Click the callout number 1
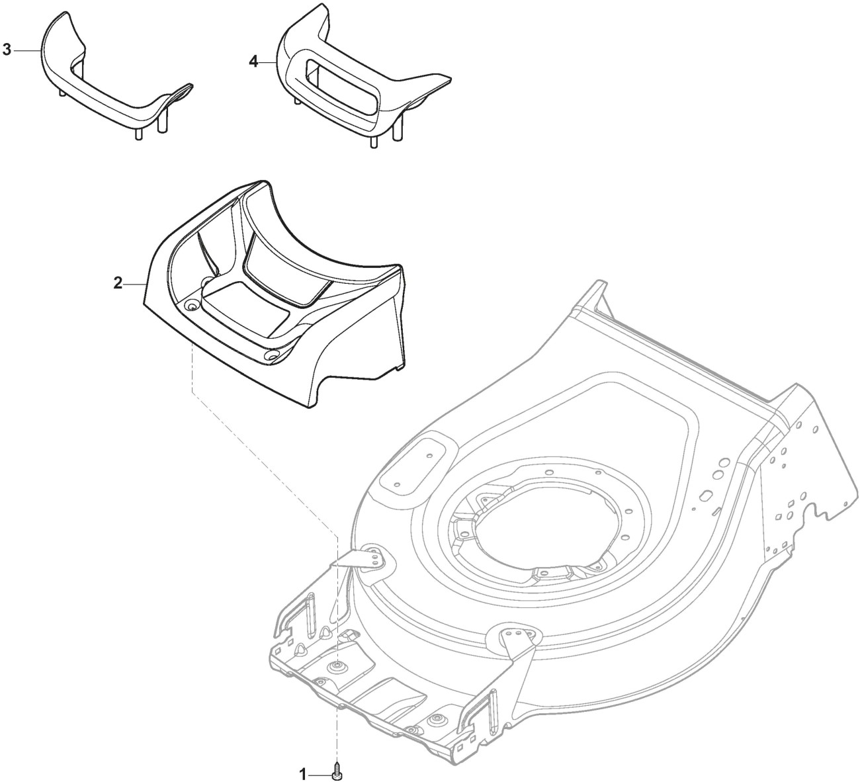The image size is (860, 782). point(304,773)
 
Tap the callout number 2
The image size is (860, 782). point(118,283)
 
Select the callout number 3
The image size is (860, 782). point(7,50)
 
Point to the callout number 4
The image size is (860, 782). point(253,62)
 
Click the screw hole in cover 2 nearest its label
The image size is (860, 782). point(192,305)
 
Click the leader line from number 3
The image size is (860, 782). point(26,50)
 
